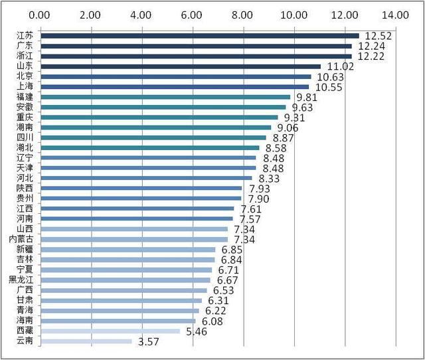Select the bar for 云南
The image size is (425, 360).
[x=86, y=341]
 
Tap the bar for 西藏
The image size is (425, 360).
[x=110, y=331]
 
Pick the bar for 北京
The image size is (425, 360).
[x=175, y=76]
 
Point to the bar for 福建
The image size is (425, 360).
[x=165, y=97]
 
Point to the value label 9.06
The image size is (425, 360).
[x=290, y=128]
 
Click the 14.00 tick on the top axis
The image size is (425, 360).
[x=396, y=14]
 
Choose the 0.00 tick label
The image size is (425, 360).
[x=40, y=14]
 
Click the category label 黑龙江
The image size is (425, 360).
[x=23, y=280]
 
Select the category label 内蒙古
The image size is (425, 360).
[x=23, y=239]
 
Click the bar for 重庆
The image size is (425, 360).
[x=159, y=117]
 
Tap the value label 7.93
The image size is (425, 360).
[x=261, y=189]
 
